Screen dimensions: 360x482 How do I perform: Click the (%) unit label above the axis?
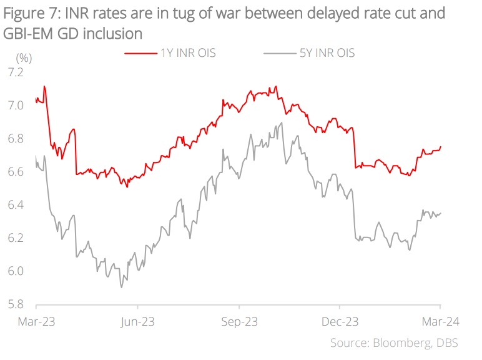23,57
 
